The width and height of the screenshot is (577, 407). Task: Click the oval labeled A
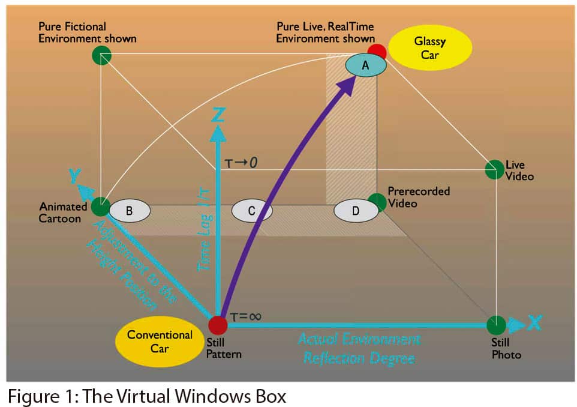pos(365,66)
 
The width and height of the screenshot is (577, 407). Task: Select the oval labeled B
pos(129,211)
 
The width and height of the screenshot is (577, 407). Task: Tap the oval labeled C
pos(252,211)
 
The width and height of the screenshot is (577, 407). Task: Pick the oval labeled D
pos(355,211)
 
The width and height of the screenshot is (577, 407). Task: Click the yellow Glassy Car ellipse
pos(430,47)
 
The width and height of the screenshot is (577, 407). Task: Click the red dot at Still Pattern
pos(217,325)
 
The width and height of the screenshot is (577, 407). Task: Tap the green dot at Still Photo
pos(495,325)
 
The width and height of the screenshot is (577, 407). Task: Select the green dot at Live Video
pos(494,169)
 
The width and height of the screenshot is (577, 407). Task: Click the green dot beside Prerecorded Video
pos(377,202)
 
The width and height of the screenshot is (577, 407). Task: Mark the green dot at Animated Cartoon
pos(101,207)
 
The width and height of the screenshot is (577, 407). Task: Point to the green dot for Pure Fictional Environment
pos(101,56)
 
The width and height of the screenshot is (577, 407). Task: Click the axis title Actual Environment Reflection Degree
pos(359,349)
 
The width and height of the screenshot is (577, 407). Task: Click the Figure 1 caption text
pos(146,396)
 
